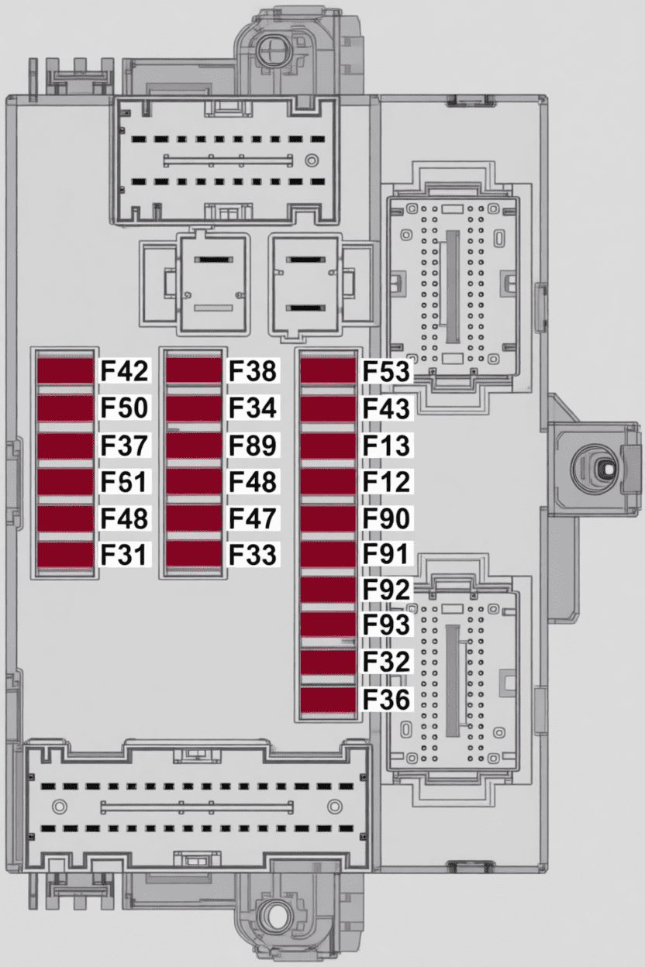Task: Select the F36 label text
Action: [x=386, y=699]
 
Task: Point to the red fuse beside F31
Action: [x=66, y=554]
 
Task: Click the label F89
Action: [x=252, y=445]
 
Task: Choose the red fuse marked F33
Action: [x=194, y=553]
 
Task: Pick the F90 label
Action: [x=386, y=518]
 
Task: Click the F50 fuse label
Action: [x=124, y=408]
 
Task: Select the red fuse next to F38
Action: [x=194, y=370]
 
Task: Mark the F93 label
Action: [x=386, y=625]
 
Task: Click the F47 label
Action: [x=252, y=518]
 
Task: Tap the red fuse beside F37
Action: [x=66, y=446]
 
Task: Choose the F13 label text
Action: [x=386, y=445]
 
